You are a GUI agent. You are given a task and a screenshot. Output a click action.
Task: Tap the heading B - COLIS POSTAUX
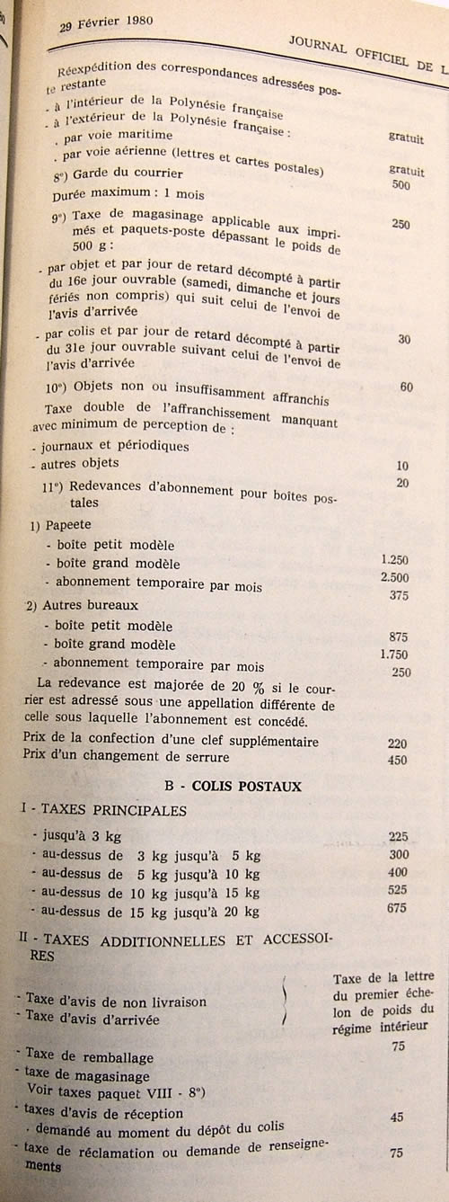[233, 785]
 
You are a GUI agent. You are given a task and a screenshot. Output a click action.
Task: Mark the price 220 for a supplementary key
[397, 743]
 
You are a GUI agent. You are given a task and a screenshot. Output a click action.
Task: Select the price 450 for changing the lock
[397, 760]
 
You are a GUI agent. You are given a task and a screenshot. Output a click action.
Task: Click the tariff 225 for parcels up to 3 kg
[398, 836]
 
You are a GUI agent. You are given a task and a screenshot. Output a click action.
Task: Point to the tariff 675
[398, 910]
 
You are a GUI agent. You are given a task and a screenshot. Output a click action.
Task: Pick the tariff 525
[398, 891]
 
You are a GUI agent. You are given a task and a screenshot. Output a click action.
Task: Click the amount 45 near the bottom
[397, 1117]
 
